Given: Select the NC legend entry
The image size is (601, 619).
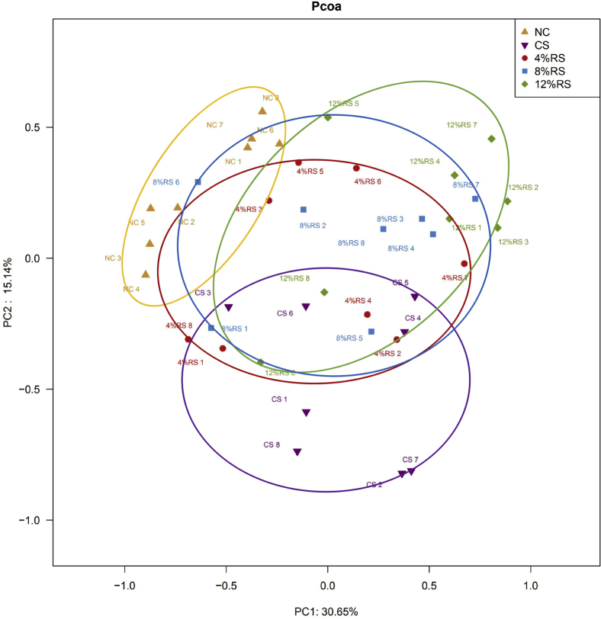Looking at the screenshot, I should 541,31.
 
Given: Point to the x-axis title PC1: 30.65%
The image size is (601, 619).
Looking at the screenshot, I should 327,611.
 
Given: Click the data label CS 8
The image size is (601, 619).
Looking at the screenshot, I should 272,444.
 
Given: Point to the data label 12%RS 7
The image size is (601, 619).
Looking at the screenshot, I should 461,124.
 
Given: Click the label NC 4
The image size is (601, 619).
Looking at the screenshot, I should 132,289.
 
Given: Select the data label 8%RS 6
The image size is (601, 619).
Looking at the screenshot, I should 166,182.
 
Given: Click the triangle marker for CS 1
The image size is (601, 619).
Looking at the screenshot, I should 306,412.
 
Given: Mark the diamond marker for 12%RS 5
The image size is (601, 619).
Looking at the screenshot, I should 327,117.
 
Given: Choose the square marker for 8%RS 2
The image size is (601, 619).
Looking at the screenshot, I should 304,209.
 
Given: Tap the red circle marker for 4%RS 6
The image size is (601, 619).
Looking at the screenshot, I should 356,168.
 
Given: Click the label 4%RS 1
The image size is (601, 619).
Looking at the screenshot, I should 191,362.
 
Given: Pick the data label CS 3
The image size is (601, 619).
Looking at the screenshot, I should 203,293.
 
